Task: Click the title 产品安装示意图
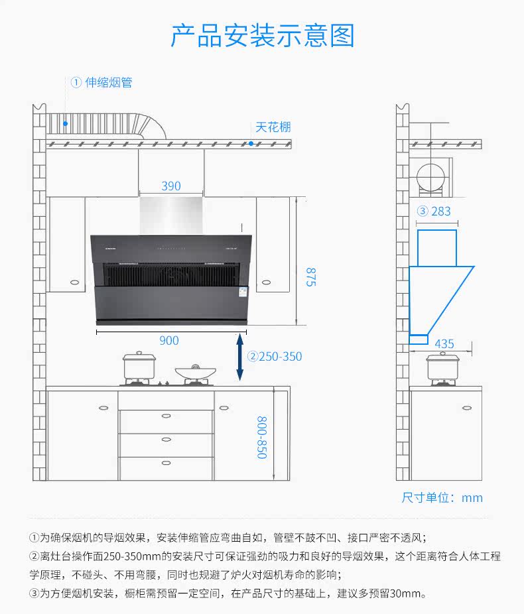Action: (262, 36)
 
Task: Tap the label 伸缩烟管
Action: (109, 82)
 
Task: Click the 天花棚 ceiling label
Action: (273, 127)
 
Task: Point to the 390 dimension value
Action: (171, 186)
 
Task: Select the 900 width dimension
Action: (169, 340)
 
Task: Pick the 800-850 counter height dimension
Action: (262, 437)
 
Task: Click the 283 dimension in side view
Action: (440, 211)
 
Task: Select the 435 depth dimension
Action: (444, 343)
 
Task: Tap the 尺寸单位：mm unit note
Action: (442, 497)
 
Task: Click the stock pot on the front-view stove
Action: (139, 365)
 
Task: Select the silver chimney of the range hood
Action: (171, 215)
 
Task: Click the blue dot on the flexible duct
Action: (65, 123)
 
